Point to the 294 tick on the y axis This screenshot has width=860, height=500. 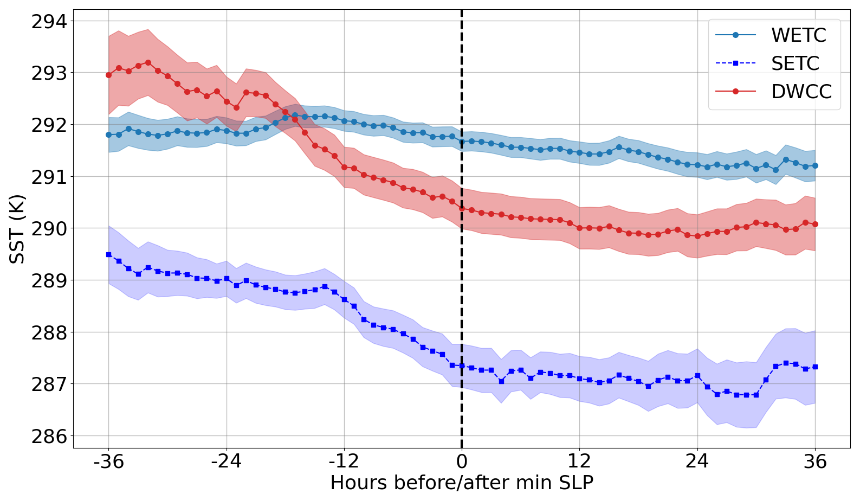[x=49, y=22]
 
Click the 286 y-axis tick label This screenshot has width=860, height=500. [x=49, y=437]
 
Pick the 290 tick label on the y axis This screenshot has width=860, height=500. [x=49, y=229]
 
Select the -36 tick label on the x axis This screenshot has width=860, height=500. [x=108, y=461]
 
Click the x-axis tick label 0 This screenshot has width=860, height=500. [x=462, y=461]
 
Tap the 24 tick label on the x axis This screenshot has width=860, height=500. [x=697, y=461]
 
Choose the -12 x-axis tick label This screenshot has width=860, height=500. [x=344, y=461]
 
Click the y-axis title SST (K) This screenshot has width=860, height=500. [x=17, y=229]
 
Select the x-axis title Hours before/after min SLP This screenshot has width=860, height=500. [x=462, y=483]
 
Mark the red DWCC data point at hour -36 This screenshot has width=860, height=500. [x=109, y=75]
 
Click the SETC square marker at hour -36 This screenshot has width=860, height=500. [x=109, y=254]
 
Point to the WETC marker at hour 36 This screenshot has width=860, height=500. [x=815, y=165]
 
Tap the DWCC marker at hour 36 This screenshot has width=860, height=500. [x=815, y=224]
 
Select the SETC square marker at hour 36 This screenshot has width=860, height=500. [x=815, y=367]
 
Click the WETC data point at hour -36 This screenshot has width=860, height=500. [x=109, y=134]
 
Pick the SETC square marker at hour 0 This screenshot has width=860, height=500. [x=462, y=366]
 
